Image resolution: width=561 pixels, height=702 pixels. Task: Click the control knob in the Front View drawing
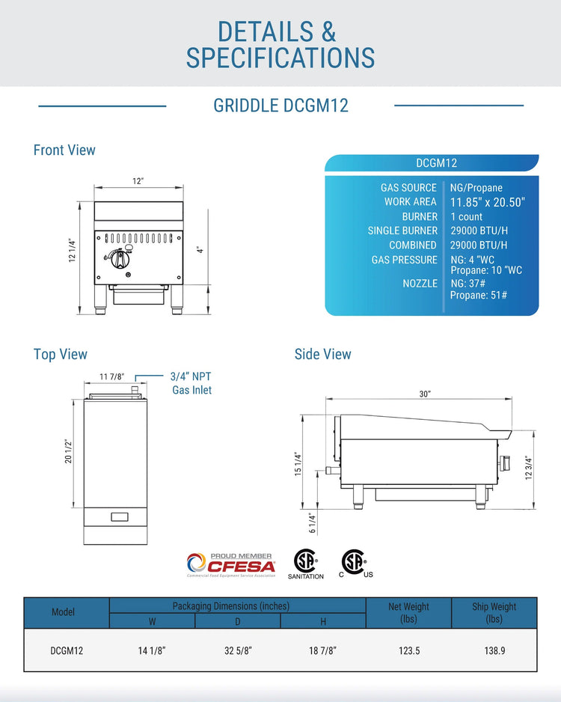(x=119, y=259)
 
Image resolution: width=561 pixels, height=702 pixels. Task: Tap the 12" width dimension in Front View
(x=138, y=181)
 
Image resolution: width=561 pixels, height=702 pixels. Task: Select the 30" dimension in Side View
(x=425, y=394)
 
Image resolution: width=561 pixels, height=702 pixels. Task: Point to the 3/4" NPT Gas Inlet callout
(x=191, y=383)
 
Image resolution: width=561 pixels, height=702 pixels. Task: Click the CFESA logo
(x=231, y=565)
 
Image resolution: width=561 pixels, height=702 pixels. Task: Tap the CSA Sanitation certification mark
(x=305, y=564)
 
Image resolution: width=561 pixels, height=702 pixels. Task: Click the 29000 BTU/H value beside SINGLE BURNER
(x=479, y=231)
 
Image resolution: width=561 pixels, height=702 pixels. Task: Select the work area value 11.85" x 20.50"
(x=487, y=202)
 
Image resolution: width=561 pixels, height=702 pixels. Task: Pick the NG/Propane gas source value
(x=476, y=188)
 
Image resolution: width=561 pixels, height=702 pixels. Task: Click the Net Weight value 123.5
(x=409, y=651)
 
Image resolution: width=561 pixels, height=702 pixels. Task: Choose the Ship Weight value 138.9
(x=494, y=651)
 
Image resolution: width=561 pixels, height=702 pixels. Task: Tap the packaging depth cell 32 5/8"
(x=239, y=651)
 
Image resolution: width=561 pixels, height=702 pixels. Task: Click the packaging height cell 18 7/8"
(x=323, y=651)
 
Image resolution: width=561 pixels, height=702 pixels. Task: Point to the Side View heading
(x=322, y=354)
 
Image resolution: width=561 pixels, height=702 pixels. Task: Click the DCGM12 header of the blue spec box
(x=436, y=163)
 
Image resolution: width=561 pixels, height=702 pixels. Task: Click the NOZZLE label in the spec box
(x=420, y=284)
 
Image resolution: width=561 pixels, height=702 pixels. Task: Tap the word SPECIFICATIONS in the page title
(x=280, y=58)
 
